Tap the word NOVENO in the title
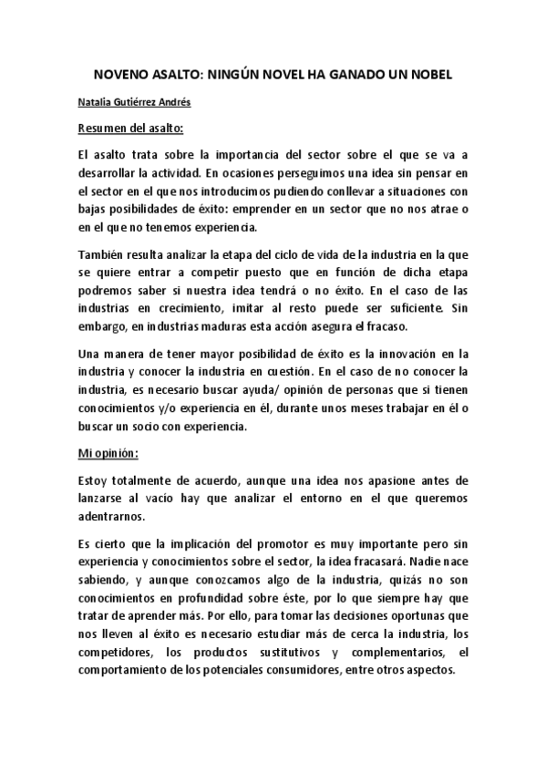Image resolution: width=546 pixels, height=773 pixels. click(x=124, y=74)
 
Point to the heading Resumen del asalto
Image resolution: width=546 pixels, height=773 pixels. click(x=131, y=127)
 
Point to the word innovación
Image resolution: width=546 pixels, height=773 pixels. click(x=401, y=353)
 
